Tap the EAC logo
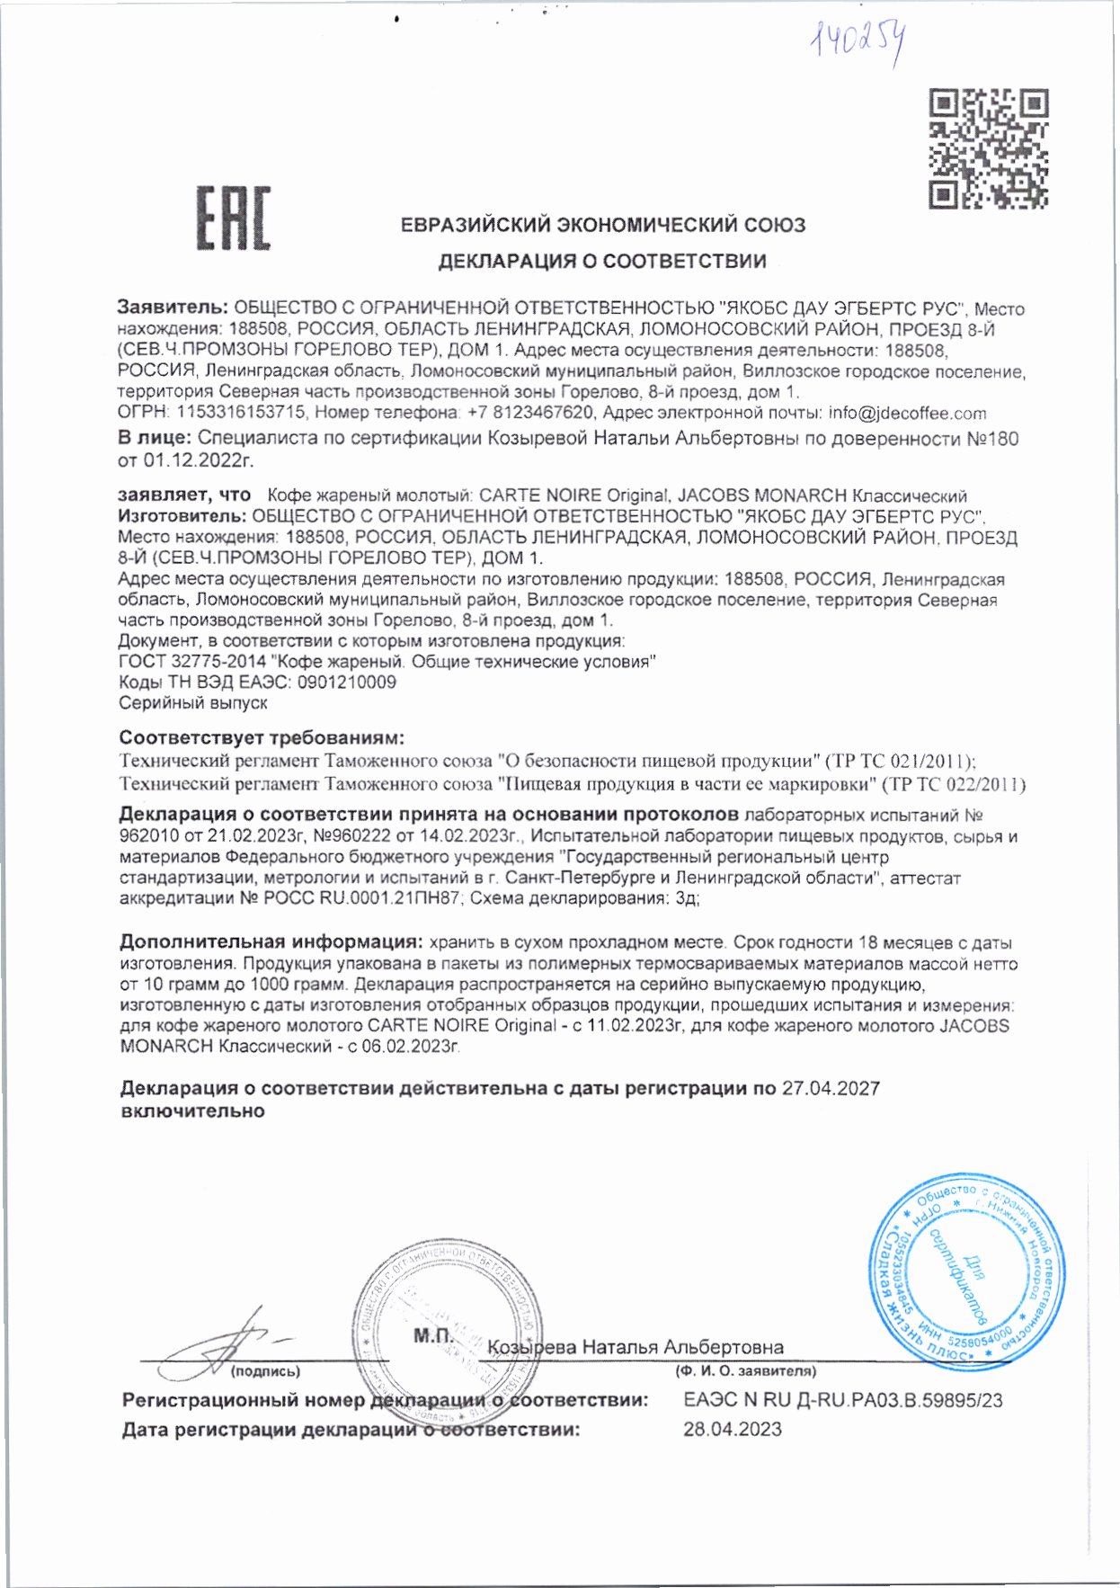234,218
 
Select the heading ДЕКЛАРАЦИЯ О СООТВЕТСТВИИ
602,262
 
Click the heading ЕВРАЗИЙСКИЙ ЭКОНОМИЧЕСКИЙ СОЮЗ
602,225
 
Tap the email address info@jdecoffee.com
907,414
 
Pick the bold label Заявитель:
173,308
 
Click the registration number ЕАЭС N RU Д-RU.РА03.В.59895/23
842,1400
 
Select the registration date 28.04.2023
732,1429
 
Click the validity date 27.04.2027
831,1089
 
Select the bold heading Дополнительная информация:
271,942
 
